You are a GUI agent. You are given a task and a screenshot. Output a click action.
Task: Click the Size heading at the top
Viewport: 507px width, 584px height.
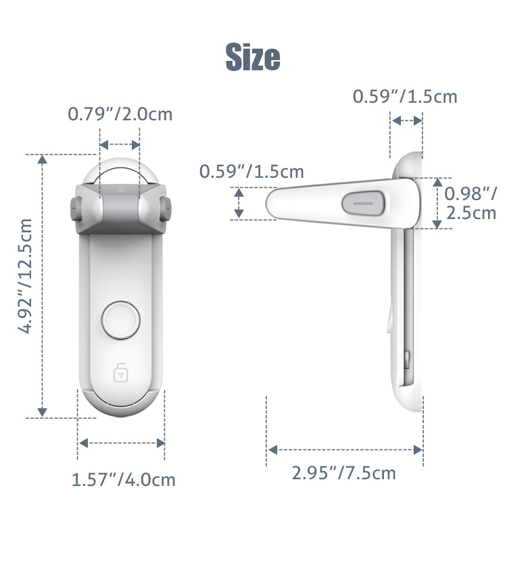[x=252, y=57]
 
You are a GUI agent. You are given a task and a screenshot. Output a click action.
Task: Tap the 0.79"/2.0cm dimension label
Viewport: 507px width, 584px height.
[x=120, y=114]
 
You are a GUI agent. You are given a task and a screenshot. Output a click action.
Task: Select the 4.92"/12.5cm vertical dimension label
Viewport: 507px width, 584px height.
[x=26, y=275]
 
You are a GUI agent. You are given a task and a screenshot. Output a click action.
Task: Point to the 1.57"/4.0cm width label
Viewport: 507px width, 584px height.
[x=123, y=480]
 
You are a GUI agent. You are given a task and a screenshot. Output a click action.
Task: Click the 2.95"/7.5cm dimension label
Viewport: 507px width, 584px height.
[x=343, y=472]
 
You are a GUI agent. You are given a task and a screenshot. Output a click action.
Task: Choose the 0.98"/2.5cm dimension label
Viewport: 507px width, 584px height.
[x=470, y=203]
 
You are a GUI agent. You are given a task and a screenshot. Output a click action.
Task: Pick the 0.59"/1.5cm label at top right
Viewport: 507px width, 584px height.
[x=405, y=97]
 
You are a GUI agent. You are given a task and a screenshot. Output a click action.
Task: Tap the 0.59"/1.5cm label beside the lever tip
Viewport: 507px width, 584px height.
[x=251, y=172]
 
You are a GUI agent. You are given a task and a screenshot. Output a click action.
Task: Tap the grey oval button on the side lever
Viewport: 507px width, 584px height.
[x=364, y=202]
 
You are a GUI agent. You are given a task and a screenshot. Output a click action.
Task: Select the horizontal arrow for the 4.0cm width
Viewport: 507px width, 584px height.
[x=121, y=443]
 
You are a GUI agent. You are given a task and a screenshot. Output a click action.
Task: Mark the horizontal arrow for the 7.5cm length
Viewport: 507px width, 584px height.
[x=345, y=449]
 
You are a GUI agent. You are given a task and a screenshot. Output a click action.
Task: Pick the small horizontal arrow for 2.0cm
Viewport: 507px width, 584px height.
[x=120, y=145]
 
